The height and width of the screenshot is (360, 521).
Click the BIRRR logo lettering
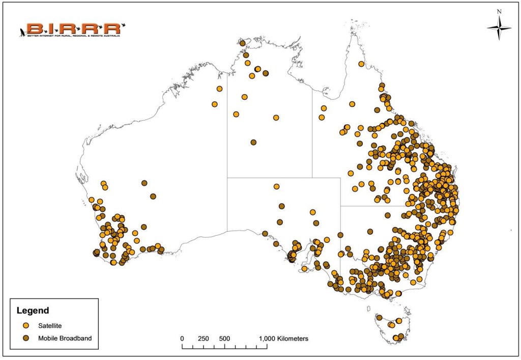71,28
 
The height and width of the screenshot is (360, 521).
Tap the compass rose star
499,29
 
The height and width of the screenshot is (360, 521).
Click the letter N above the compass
499,11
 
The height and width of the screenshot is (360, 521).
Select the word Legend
33,310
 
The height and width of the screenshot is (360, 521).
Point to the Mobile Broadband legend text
65,337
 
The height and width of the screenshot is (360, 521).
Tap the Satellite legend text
50,325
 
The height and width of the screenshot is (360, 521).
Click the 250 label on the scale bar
204,339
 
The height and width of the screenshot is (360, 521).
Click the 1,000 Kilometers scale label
283,339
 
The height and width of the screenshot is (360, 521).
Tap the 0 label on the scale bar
182,339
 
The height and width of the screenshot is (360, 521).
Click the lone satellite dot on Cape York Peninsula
361,64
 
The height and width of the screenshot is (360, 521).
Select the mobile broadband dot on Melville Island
242,43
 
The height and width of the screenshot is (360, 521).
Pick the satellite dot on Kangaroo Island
304,268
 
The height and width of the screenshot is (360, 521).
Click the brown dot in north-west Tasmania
379,318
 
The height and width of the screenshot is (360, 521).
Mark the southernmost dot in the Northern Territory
253,143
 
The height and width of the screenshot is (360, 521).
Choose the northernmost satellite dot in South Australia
276,186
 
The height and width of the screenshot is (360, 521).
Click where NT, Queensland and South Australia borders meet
312,178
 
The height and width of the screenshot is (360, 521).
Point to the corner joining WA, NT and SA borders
227,178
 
